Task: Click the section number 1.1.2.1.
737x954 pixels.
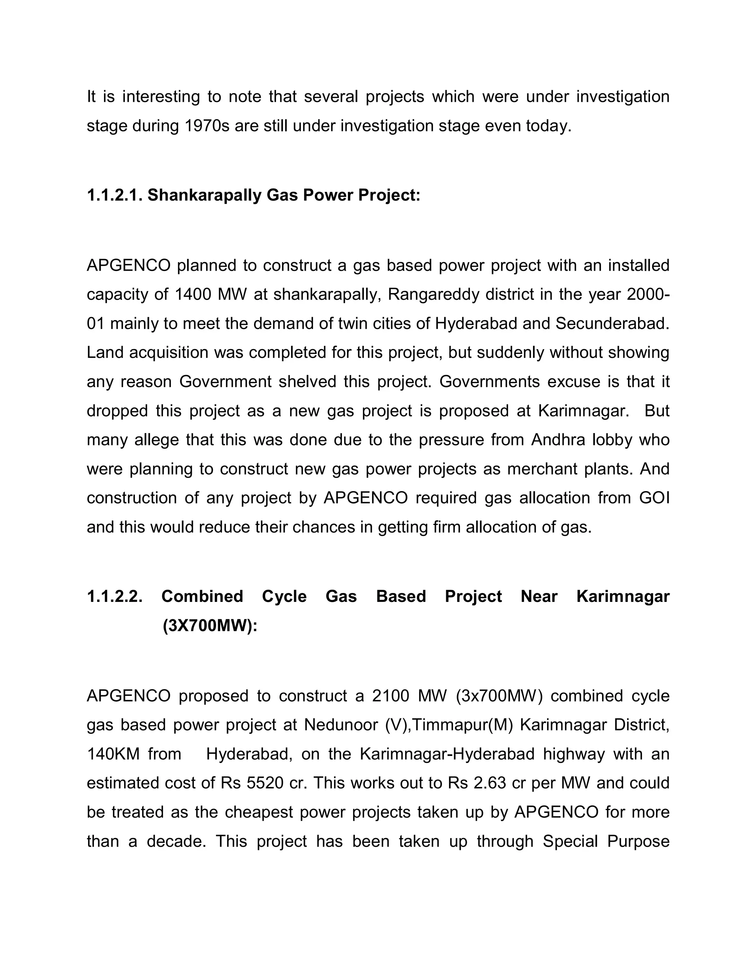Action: tap(114, 195)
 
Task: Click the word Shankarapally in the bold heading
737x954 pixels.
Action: tap(205, 195)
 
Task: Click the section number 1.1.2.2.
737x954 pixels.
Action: tap(114, 597)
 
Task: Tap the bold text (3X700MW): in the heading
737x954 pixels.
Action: tap(210, 626)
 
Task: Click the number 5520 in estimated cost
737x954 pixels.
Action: tap(265, 783)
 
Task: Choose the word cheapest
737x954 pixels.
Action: tap(260, 812)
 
